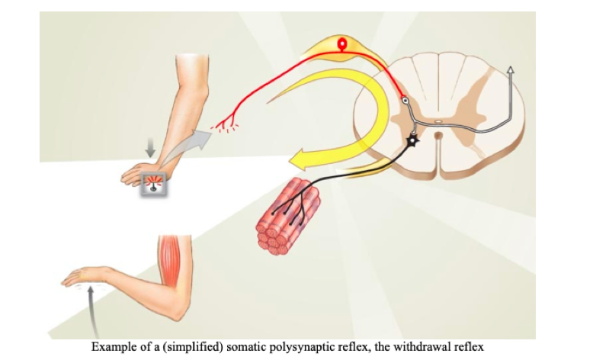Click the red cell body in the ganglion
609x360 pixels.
pyautogui.click(x=341, y=43)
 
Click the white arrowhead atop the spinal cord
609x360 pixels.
pyautogui.click(x=510, y=70)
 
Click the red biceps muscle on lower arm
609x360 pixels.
pyautogui.click(x=171, y=264)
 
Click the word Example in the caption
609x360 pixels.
pyautogui.click(x=111, y=347)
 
